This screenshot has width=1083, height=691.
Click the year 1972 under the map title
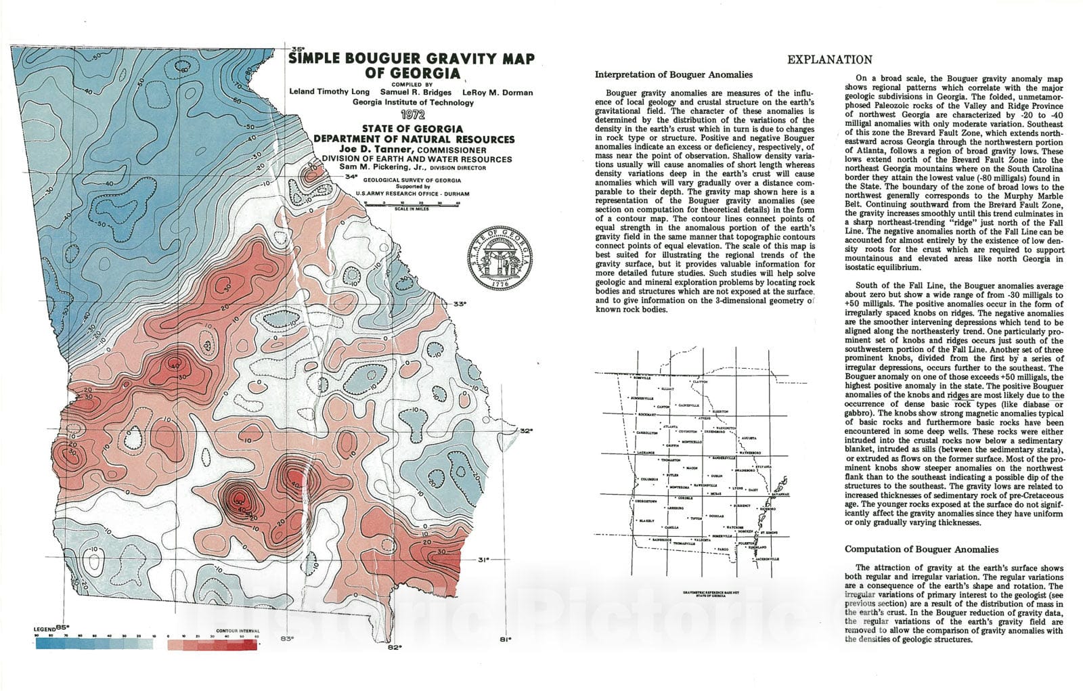point(412,115)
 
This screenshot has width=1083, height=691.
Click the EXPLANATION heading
point(829,60)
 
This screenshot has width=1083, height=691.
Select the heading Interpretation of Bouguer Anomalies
point(673,74)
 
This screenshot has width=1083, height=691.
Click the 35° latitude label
point(296,49)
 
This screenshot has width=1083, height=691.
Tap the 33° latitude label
point(460,304)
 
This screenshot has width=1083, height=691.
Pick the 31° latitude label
point(483,560)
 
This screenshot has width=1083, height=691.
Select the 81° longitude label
point(505,638)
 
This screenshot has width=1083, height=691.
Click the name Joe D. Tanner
point(367,150)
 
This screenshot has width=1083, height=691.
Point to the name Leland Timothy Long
point(328,92)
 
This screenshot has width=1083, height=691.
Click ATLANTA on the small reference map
point(671,427)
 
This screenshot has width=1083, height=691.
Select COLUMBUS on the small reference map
point(649,479)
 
